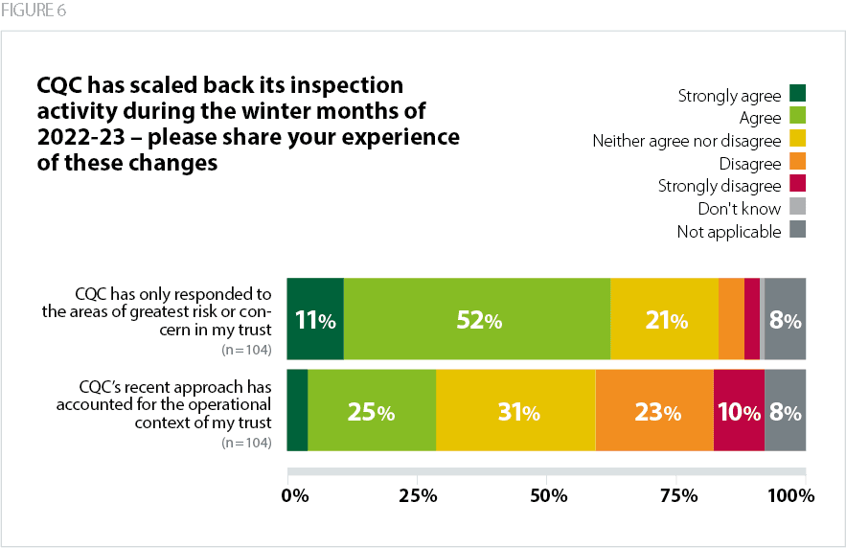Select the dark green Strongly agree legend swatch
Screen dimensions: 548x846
click(x=798, y=94)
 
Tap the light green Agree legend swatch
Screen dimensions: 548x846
click(x=798, y=117)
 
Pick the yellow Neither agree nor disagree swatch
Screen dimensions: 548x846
click(x=798, y=140)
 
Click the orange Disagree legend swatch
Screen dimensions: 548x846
click(x=798, y=163)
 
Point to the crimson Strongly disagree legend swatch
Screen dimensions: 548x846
click(x=798, y=185)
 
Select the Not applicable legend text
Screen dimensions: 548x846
click(x=729, y=231)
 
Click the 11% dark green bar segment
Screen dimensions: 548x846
click(x=315, y=320)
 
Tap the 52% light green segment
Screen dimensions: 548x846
click(x=477, y=320)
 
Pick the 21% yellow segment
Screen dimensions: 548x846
click(x=664, y=320)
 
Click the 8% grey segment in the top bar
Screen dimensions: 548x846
click(x=785, y=320)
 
